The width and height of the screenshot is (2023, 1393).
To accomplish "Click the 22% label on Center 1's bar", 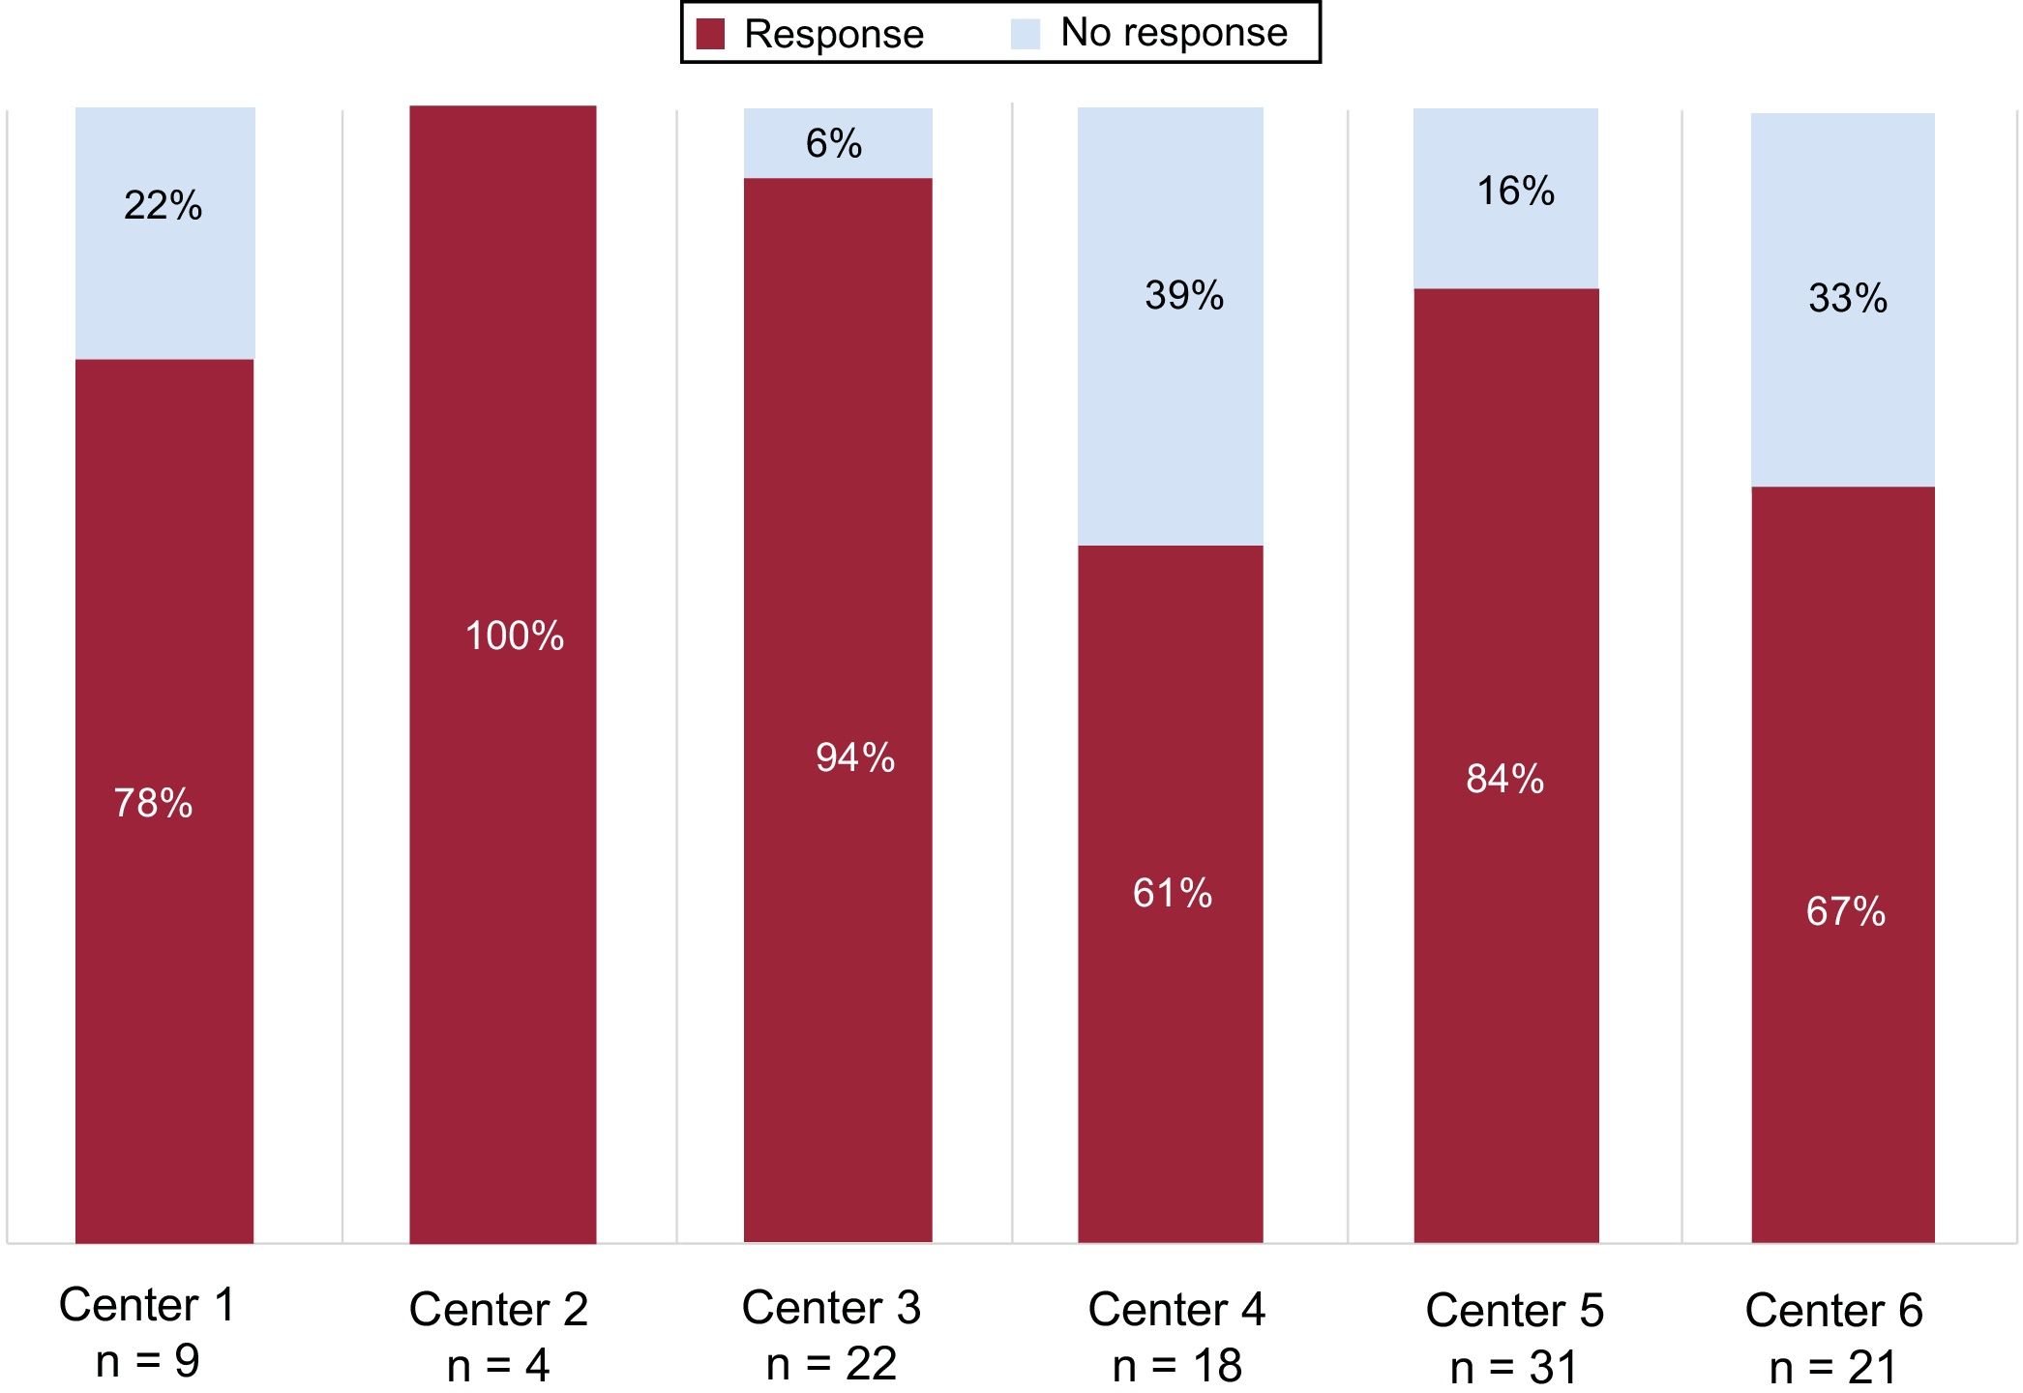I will click(x=163, y=205).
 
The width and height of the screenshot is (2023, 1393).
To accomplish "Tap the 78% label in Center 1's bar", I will click(x=153, y=803).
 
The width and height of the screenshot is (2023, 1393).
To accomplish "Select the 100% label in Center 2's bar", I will click(x=514, y=636).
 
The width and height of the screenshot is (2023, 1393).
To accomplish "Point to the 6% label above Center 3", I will click(x=833, y=144).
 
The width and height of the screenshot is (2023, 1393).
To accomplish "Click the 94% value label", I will click(x=854, y=757).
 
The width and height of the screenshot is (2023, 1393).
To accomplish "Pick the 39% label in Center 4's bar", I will click(x=1184, y=295).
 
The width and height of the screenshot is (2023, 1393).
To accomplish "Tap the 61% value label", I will click(x=1172, y=893).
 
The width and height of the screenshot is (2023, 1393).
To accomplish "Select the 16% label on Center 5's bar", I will click(x=1515, y=191).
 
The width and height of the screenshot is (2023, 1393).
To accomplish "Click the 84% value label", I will click(x=1504, y=779).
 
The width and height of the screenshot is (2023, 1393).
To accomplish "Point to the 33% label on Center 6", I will click(x=1847, y=298).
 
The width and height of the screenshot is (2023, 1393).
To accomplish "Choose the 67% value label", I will click(x=1845, y=911).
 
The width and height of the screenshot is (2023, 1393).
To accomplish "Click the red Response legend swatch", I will click(x=710, y=34).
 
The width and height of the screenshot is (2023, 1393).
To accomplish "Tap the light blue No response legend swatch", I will click(x=1025, y=34).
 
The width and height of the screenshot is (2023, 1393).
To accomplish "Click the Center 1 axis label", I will click(x=147, y=1305).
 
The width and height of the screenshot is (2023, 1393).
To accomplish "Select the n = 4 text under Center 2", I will click(x=498, y=1365).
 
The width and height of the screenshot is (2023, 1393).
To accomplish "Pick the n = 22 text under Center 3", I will click(x=831, y=1363).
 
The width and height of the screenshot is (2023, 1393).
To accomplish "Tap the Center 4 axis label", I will click(x=1176, y=1310).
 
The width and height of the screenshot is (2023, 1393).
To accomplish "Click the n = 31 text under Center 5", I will click(x=1513, y=1367).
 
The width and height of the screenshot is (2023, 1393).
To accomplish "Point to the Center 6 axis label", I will click(x=1833, y=1311).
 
